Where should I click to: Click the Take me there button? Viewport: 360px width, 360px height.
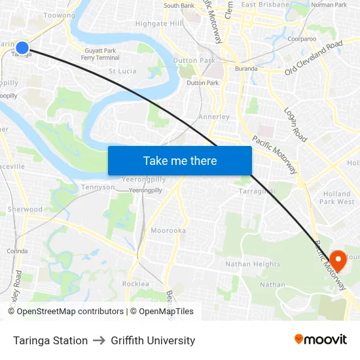point(180,160)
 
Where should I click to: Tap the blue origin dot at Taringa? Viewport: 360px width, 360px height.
point(22,47)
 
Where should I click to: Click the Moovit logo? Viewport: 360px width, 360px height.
point(320,339)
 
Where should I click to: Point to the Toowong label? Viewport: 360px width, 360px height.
point(60,15)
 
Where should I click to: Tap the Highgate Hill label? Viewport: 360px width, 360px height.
point(159,24)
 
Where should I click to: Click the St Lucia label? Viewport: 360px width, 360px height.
point(122,71)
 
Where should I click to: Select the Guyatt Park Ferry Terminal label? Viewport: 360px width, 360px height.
point(100,54)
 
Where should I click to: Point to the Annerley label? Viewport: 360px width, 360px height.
point(214,117)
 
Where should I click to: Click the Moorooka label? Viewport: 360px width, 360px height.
point(168,231)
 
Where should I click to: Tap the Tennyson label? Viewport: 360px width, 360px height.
point(98,187)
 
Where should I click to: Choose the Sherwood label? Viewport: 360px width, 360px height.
point(25,209)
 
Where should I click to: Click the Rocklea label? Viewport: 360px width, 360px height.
point(135,283)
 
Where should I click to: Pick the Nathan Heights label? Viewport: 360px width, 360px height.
point(253,264)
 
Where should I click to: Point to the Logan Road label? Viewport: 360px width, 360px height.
point(295,124)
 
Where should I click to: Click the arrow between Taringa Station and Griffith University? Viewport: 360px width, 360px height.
point(99,340)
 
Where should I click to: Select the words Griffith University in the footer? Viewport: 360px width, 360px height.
point(153,340)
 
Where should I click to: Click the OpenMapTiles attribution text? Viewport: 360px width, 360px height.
point(166,312)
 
